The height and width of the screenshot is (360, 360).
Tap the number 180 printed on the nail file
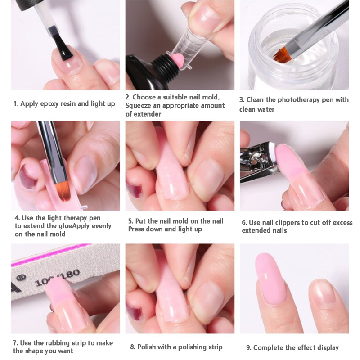tap(71, 275)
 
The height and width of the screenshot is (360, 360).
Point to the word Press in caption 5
tap(136, 229)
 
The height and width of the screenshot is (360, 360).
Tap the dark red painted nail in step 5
tap(133, 189)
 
